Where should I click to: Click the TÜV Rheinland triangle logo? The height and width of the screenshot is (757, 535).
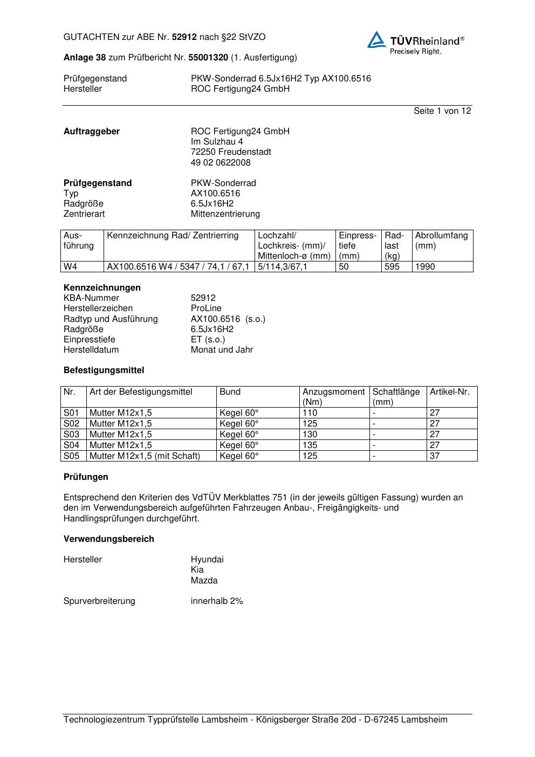coord(376,40)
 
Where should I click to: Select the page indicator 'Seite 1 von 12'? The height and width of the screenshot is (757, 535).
coord(442,111)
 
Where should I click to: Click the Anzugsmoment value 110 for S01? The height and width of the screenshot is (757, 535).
coord(310,413)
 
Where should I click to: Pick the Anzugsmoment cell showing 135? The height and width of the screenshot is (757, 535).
coord(310,445)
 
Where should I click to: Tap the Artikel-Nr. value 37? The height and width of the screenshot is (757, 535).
coord(434,456)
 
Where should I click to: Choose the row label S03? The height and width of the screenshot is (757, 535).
coord(71,435)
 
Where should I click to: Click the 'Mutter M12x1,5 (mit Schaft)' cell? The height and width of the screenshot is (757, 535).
coord(145,456)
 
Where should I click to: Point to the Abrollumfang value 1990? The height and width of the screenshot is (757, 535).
coord(425,267)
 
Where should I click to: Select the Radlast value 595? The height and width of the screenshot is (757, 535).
coord(392,267)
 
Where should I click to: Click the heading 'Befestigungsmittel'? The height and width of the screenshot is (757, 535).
coord(104,370)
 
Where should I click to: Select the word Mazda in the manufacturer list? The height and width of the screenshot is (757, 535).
coord(204,581)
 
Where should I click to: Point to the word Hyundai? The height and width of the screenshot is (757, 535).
coord(207,560)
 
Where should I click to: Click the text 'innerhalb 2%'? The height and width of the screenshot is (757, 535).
coord(216,601)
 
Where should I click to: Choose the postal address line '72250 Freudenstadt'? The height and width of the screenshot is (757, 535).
coord(230,152)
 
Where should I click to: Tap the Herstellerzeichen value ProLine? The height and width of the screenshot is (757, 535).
coord(206,308)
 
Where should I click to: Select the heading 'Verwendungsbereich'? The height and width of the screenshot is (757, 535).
coord(108,539)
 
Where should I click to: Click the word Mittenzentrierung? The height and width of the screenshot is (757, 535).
coord(225,214)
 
